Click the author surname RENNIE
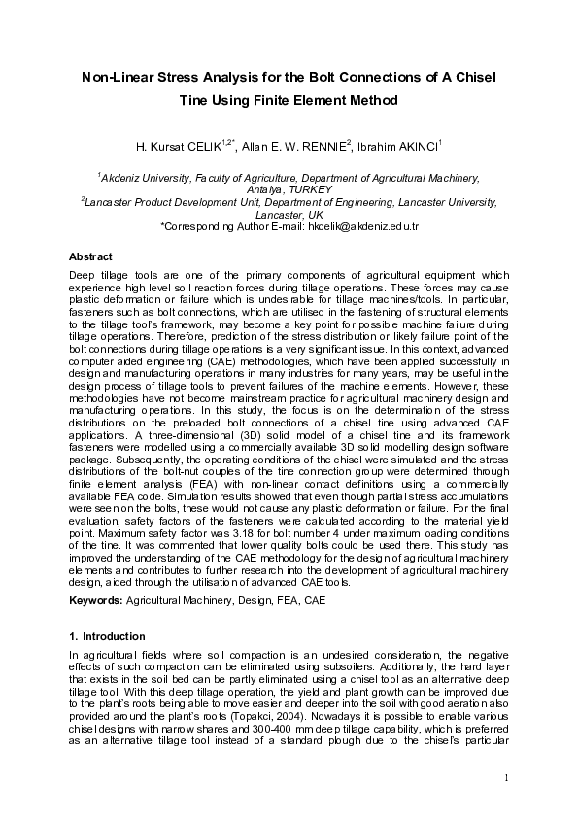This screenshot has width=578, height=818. (318, 147)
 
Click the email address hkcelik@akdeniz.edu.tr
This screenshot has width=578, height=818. (362, 224)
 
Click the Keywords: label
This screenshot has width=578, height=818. (96, 601)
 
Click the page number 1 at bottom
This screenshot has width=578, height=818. (507, 776)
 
